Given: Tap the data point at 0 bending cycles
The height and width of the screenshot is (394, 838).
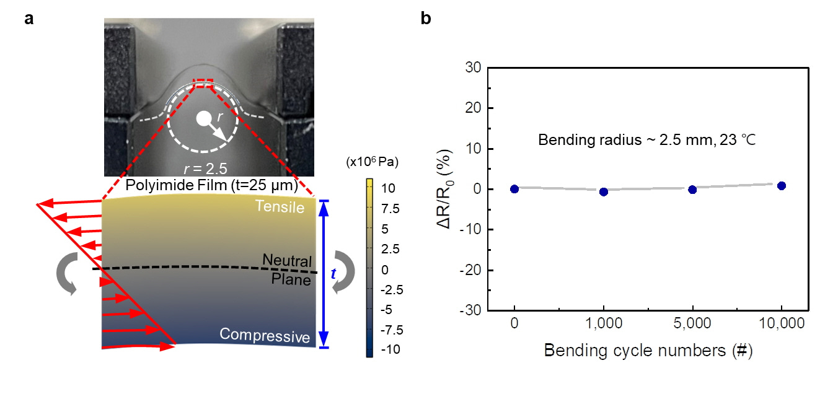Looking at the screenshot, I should (x=514, y=189).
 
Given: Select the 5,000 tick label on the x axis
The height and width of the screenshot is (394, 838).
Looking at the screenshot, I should (x=692, y=324).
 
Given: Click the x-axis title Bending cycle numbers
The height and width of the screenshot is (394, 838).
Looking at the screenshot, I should (x=648, y=351).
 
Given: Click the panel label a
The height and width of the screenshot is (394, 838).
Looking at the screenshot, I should (x=29, y=19).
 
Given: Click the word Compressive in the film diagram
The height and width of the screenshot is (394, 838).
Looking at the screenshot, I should (x=265, y=335).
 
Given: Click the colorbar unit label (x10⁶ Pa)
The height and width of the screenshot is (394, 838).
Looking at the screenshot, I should (x=372, y=163).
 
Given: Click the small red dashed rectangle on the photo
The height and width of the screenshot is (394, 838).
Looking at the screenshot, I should (x=203, y=83).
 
